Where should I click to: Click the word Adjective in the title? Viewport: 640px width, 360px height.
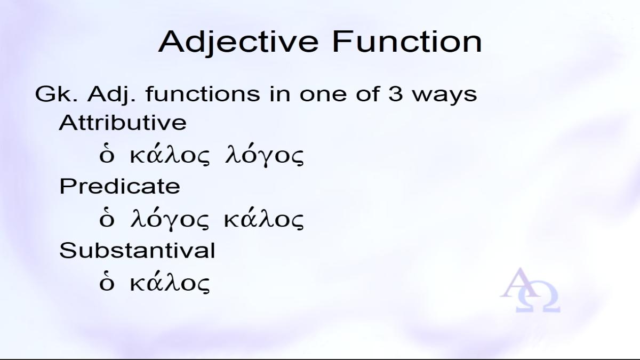click(238, 42)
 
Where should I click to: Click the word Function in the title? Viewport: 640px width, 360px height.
click(407, 42)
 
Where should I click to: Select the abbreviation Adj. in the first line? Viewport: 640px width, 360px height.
click(111, 95)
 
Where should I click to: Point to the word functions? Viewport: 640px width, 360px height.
click(203, 93)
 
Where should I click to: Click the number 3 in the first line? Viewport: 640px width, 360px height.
click(395, 94)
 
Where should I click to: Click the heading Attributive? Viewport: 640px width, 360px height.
click(123, 122)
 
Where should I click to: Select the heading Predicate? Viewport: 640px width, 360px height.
click(119, 186)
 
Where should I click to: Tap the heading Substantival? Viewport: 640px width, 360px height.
click(137, 250)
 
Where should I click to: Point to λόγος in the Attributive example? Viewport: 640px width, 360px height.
click(265, 157)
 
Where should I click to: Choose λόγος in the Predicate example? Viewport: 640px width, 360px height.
click(170, 220)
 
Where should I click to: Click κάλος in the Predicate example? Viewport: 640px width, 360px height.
click(263, 219)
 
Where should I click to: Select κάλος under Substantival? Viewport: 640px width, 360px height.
click(170, 283)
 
